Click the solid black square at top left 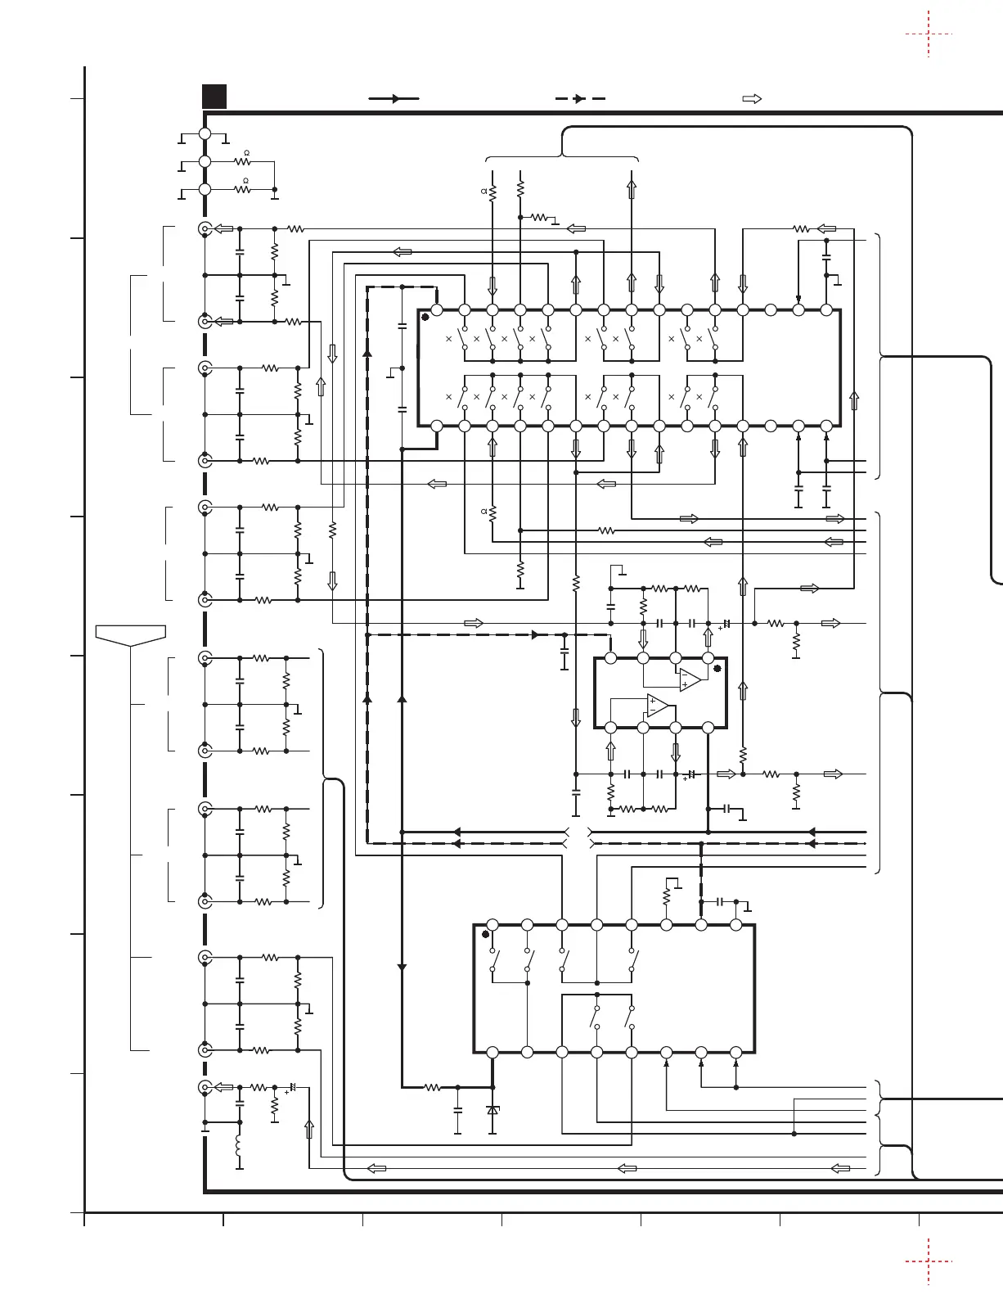point(214,97)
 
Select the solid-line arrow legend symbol point(394,98)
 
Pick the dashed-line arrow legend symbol point(579,98)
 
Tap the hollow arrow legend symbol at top point(751,98)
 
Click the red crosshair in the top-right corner point(929,34)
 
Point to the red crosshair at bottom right point(929,1261)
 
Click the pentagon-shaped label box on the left point(131,634)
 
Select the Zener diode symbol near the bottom point(493,1110)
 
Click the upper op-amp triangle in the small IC point(690,679)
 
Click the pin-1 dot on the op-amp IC point(717,668)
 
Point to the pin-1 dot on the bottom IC point(486,933)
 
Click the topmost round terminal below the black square point(205,133)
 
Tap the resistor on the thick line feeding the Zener point(432,1088)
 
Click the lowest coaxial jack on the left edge point(205,1087)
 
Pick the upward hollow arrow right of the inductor point(308,1130)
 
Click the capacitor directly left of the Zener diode point(457,1110)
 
